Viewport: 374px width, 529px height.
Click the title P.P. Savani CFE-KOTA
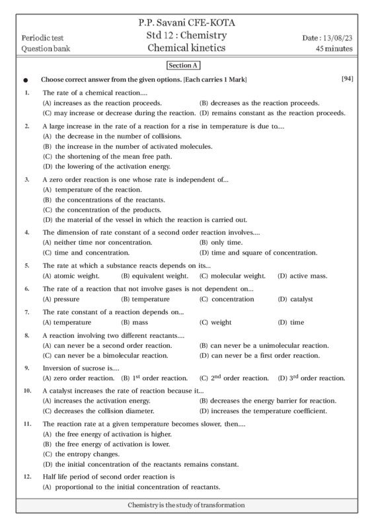187,23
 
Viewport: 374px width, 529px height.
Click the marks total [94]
348,79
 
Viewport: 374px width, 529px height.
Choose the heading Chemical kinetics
186,48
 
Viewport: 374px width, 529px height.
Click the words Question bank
46,48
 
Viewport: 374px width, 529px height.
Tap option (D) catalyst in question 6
295,299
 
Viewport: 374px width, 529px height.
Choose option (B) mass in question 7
134,322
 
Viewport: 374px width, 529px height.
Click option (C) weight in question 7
215,322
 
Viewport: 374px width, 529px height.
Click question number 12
27,476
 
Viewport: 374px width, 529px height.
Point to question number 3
27,179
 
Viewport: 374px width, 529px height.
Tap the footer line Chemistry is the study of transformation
186,505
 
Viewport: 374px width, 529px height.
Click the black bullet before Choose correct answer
25,80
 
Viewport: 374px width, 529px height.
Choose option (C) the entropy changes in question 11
81,454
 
